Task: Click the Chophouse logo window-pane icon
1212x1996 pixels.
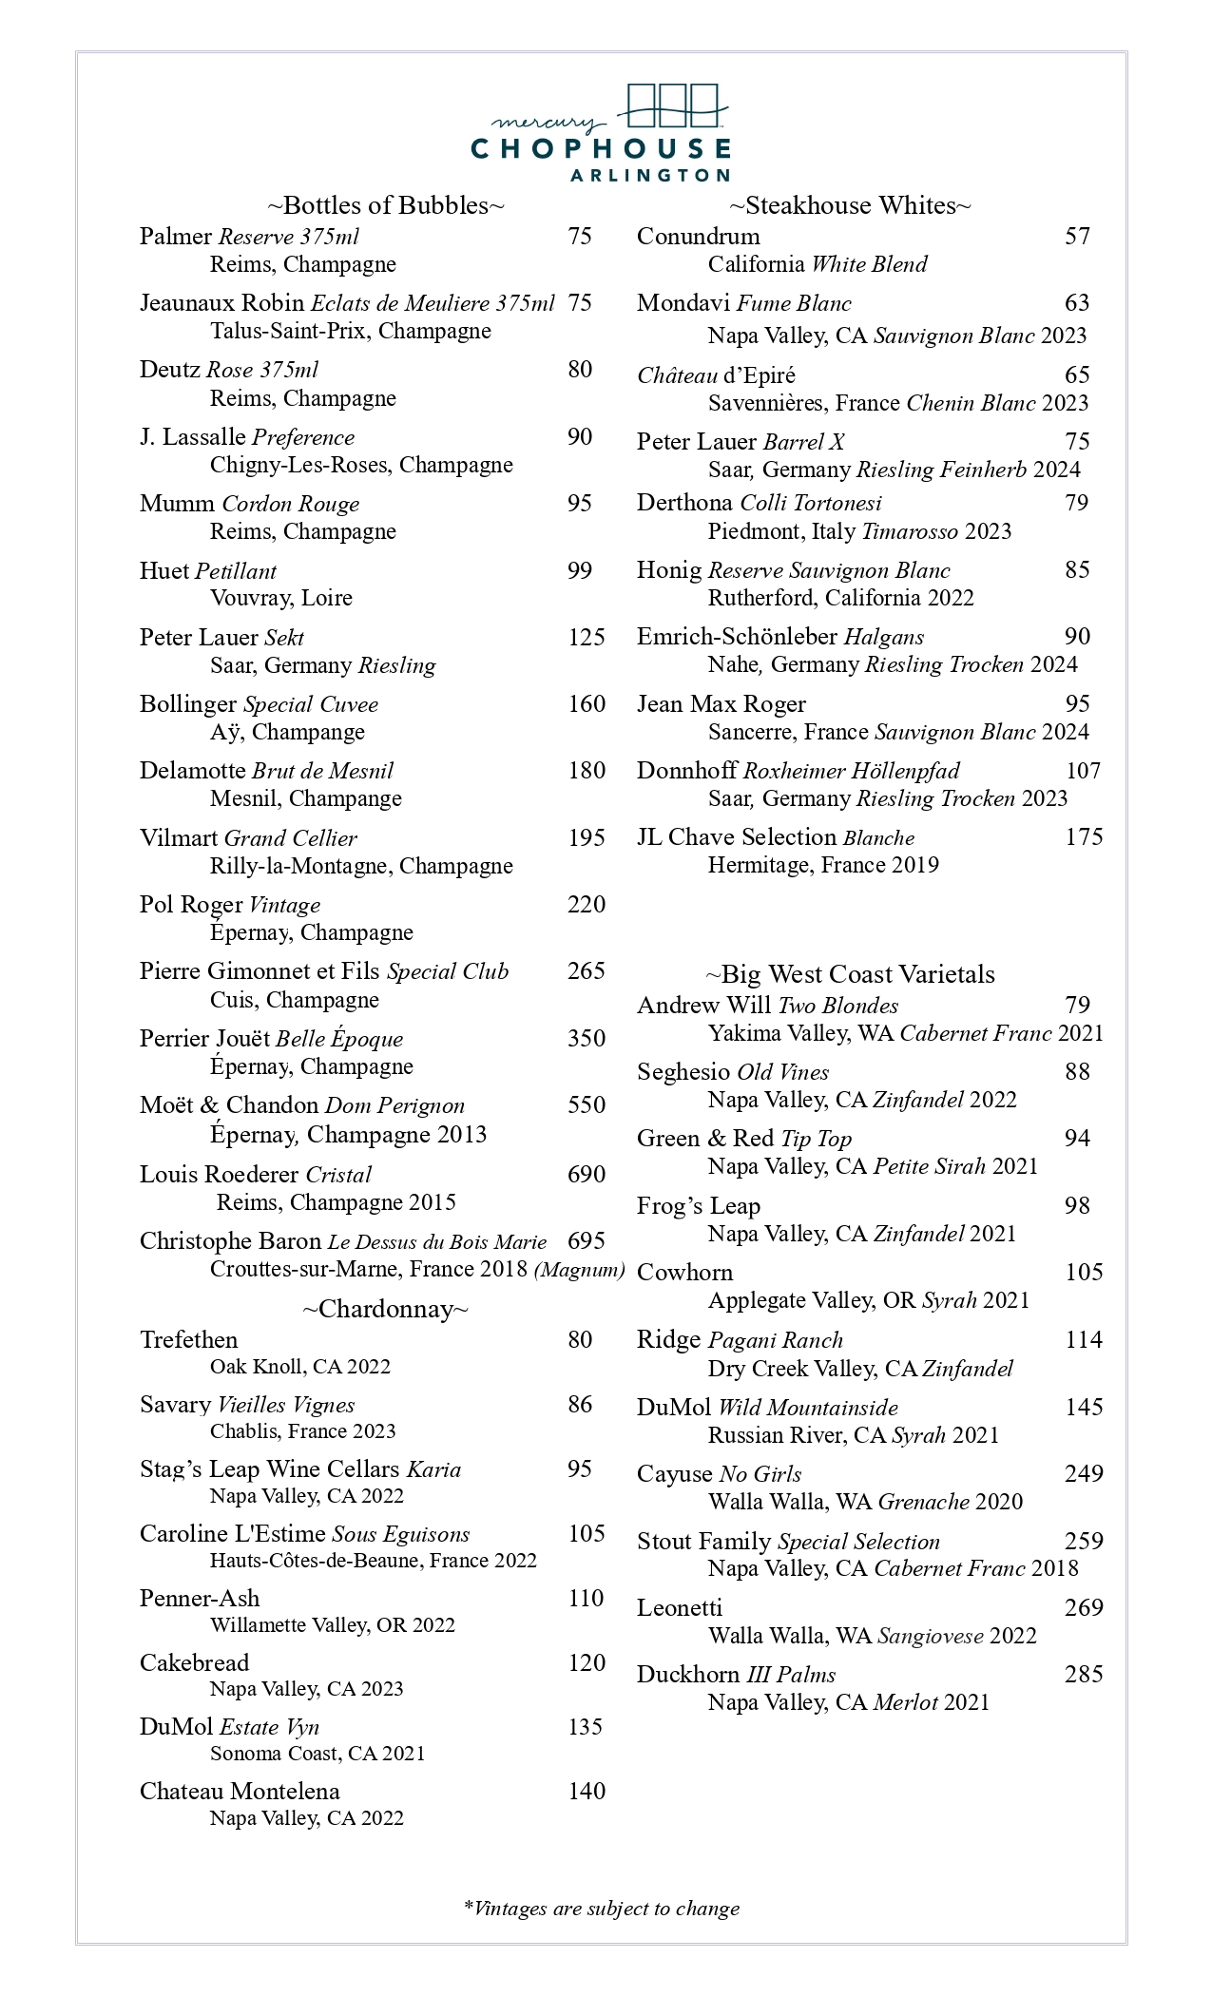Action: point(673,106)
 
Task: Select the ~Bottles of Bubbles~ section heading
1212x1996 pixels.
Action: point(385,205)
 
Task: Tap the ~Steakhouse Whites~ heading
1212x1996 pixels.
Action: point(850,205)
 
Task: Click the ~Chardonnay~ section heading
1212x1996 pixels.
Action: point(385,1309)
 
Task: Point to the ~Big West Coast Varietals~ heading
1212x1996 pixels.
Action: point(850,974)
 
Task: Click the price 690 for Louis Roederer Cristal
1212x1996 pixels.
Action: point(586,1174)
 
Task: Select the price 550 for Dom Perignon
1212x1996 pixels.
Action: point(586,1104)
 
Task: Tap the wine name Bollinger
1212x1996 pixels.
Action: point(187,704)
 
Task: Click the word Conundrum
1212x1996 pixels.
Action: point(698,236)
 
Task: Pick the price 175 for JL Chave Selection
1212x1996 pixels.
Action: point(1083,836)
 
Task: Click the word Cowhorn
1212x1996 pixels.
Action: point(684,1272)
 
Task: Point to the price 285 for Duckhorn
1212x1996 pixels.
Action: point(1083,1674)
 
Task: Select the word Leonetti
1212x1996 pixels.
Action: point(679,1607)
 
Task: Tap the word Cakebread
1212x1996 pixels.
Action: point(194,1662)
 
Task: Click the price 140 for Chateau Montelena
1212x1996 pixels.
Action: point(586,1791)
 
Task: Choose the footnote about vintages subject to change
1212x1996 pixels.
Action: point(601,1908)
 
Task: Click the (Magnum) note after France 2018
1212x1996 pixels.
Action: point(579,1270)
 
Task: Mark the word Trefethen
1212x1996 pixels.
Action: point(188,1339)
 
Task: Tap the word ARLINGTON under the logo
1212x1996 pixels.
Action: point(648,175)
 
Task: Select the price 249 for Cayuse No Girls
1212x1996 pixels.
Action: point(1083,1473)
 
